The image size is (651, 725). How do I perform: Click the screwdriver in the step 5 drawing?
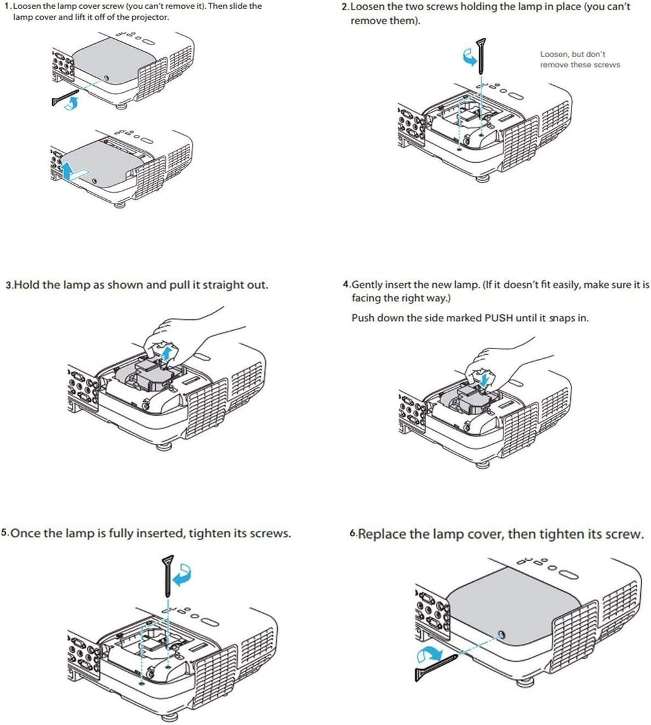tap(168, 576)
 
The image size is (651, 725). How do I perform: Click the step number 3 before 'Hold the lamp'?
tap(8, 286)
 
